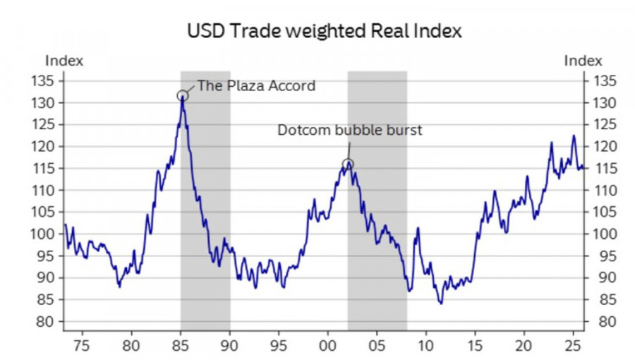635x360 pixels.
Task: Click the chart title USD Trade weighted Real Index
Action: click(325, 32)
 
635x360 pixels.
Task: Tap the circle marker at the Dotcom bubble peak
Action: click(347, 165)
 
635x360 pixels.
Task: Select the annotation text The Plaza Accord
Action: click(256, 86)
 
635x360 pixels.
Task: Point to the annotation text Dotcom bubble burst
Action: click(349, 131)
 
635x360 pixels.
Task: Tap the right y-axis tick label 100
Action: click(603, 234)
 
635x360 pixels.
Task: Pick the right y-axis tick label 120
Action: click(603, 146)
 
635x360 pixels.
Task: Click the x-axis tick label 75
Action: click(82, 347)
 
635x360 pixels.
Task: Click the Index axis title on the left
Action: click(64, 61)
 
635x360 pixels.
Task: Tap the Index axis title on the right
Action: click(583, 61)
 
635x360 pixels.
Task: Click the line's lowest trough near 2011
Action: click(441, 303)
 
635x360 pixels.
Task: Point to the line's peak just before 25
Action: click(574, 136)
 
